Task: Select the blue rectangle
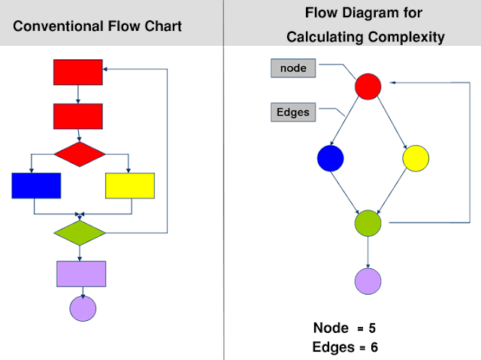[x=36, y=185]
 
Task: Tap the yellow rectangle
[x=130, y=185]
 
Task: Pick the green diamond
[x=79, y=232]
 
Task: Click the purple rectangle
[x=81, y=274]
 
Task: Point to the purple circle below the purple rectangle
[x=83, y=307]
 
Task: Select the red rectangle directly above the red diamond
[x=78, y=116]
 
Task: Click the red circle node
[x=368, y=86]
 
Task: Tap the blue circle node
[x=330, y=159]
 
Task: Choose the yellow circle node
[x=416, y=159]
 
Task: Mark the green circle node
[x=368, y=223]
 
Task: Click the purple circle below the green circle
[x=368, y=280]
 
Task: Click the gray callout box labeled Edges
[x=294, y=113]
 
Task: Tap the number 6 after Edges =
[x=374, y=347]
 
